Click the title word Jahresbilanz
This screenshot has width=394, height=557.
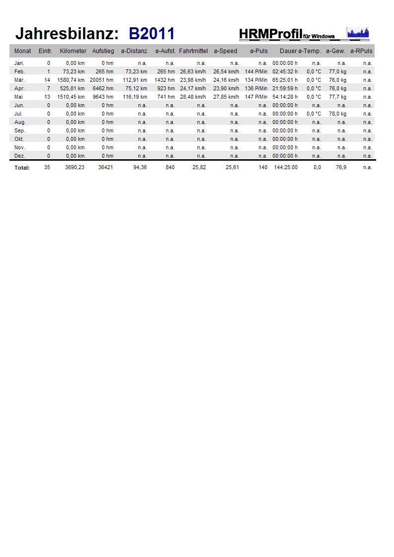(67, 34)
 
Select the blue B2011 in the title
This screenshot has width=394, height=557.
(151, 34)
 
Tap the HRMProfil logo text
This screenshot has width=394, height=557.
(270, 33)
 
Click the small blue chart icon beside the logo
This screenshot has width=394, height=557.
(358, 33)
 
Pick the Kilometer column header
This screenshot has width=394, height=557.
(73, 51)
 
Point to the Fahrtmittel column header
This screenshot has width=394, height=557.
(193, 51)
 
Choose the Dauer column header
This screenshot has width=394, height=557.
(288, 51)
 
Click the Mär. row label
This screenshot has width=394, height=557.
(20, 80)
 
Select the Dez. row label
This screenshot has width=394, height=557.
(19, 156)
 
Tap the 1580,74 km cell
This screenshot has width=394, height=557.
(71, 80)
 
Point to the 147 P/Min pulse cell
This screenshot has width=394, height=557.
(256, 97)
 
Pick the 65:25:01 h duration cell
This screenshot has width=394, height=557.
(285, 80)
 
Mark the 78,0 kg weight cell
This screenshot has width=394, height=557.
(337, 114)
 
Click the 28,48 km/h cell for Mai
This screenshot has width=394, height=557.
(193, 97)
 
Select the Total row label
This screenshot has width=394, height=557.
(22, 168)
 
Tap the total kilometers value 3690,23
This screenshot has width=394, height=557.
(74, 168)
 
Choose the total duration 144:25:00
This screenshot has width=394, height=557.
(285, 168)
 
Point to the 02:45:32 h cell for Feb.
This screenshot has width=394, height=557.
(285, 71)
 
